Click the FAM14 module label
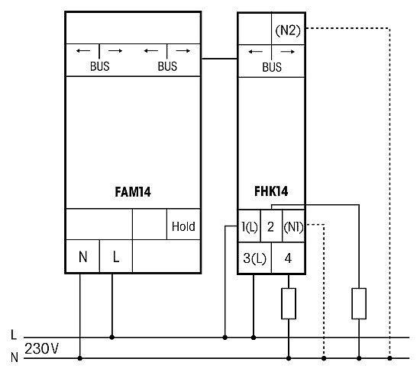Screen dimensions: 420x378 pos(133,192)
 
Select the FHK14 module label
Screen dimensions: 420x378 pos(271,191)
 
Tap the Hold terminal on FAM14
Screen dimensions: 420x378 pos(183,226)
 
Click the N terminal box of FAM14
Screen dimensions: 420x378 pos(82,257)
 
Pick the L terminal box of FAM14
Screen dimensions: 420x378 pos(116,257)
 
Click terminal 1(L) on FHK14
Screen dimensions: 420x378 pos(250,226)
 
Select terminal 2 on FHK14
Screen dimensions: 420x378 pos(270,226)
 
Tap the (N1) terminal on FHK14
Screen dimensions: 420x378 pos(293,227)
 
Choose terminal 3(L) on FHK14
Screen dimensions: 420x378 pos(255,258)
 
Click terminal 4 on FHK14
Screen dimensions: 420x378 pos(288,258)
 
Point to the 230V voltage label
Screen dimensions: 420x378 pos(41,348)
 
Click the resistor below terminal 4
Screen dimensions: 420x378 pos(289,303)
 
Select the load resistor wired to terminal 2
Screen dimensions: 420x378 pos(359,303)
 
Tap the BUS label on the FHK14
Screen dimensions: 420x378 pos(272,67)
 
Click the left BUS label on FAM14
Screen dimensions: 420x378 pos(99,66)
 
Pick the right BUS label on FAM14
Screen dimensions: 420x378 pos(167,66)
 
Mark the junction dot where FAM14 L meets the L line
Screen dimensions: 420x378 pos(112,338)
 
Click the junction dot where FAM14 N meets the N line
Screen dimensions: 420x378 pos(80,358)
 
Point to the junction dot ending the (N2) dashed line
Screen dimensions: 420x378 pos(389,358)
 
